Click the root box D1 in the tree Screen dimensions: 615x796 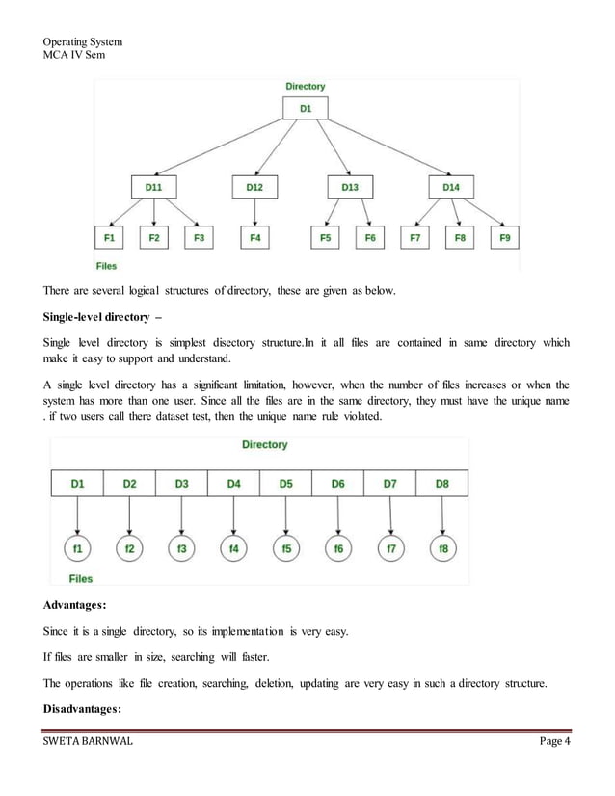click(306, 109)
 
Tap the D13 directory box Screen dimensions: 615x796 click(349, 187)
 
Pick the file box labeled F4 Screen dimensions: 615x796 click(254, 237)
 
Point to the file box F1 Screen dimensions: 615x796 click(110, 237)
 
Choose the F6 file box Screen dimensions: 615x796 click(370, 237)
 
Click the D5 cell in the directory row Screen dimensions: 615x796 click(285, 484)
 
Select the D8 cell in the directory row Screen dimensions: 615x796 click(441, 484)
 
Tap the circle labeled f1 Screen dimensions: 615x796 click(77, 549)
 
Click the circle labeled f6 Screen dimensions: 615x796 click(337, 549)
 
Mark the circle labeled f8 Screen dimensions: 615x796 click(442, 549)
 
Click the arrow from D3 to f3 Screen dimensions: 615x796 click(181, 517)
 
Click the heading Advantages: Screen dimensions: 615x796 click(80, 607)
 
